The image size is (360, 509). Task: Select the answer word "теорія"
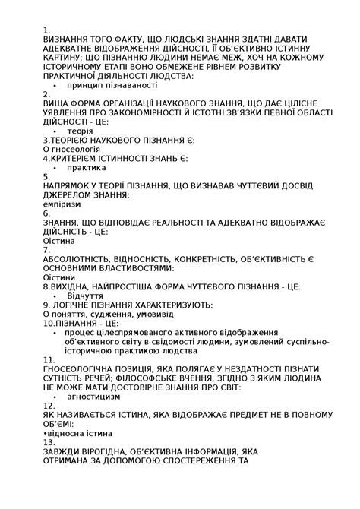[80, 131]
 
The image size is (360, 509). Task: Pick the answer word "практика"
[86, 168]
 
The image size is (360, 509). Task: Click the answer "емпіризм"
[64, 204]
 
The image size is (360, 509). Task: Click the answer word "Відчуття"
[85, 296]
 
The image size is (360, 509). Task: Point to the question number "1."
[46, 30]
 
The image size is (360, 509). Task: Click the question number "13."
[49, 441]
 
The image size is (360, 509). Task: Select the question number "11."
[49, 359]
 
